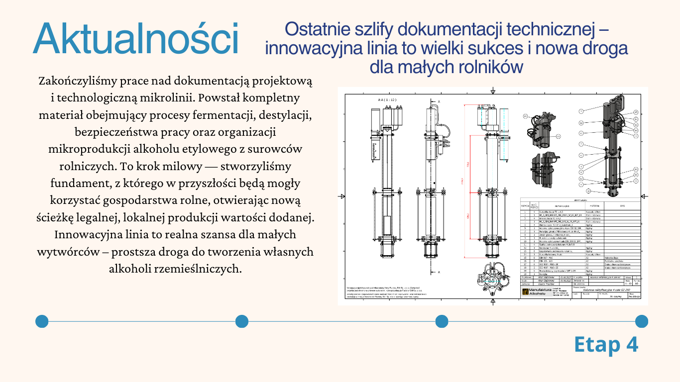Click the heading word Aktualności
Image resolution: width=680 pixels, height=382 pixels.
click(x=135, y=39)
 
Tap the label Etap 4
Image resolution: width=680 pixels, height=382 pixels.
click(x=606, y=345)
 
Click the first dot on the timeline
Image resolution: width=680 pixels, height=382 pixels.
click(x=42, y=321)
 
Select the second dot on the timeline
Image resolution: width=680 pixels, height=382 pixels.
click(x=241, y=321)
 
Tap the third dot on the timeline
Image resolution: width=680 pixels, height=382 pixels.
click(x=442, y=321)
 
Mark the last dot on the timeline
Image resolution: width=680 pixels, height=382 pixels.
click(x=641, y=321)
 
